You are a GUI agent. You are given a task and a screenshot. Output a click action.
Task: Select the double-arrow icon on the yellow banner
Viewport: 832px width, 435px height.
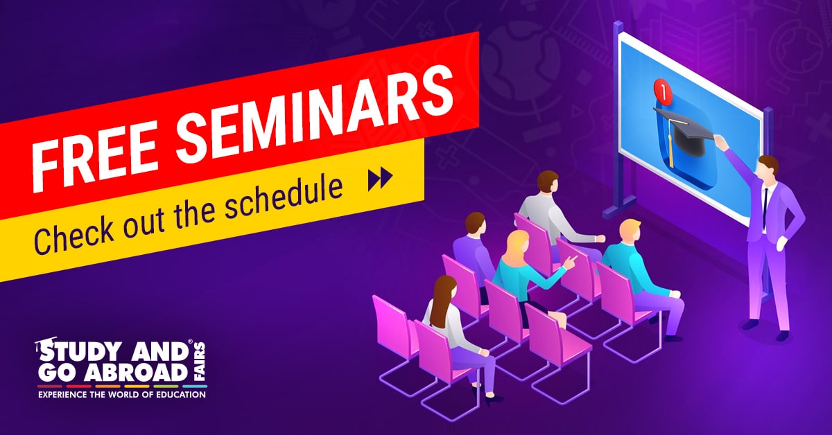click(x=381, y=179)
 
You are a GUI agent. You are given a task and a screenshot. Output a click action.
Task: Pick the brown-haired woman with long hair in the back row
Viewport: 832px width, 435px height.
click(x=459, y=330)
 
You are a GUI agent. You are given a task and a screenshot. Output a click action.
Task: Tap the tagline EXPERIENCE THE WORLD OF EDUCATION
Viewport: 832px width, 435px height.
click(x=122, y=395)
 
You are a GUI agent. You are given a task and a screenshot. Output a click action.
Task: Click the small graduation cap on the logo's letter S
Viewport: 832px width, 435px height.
click(x=44, y=343)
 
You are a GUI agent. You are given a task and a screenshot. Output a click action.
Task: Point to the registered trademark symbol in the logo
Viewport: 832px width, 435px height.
click(x=190, y=341)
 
